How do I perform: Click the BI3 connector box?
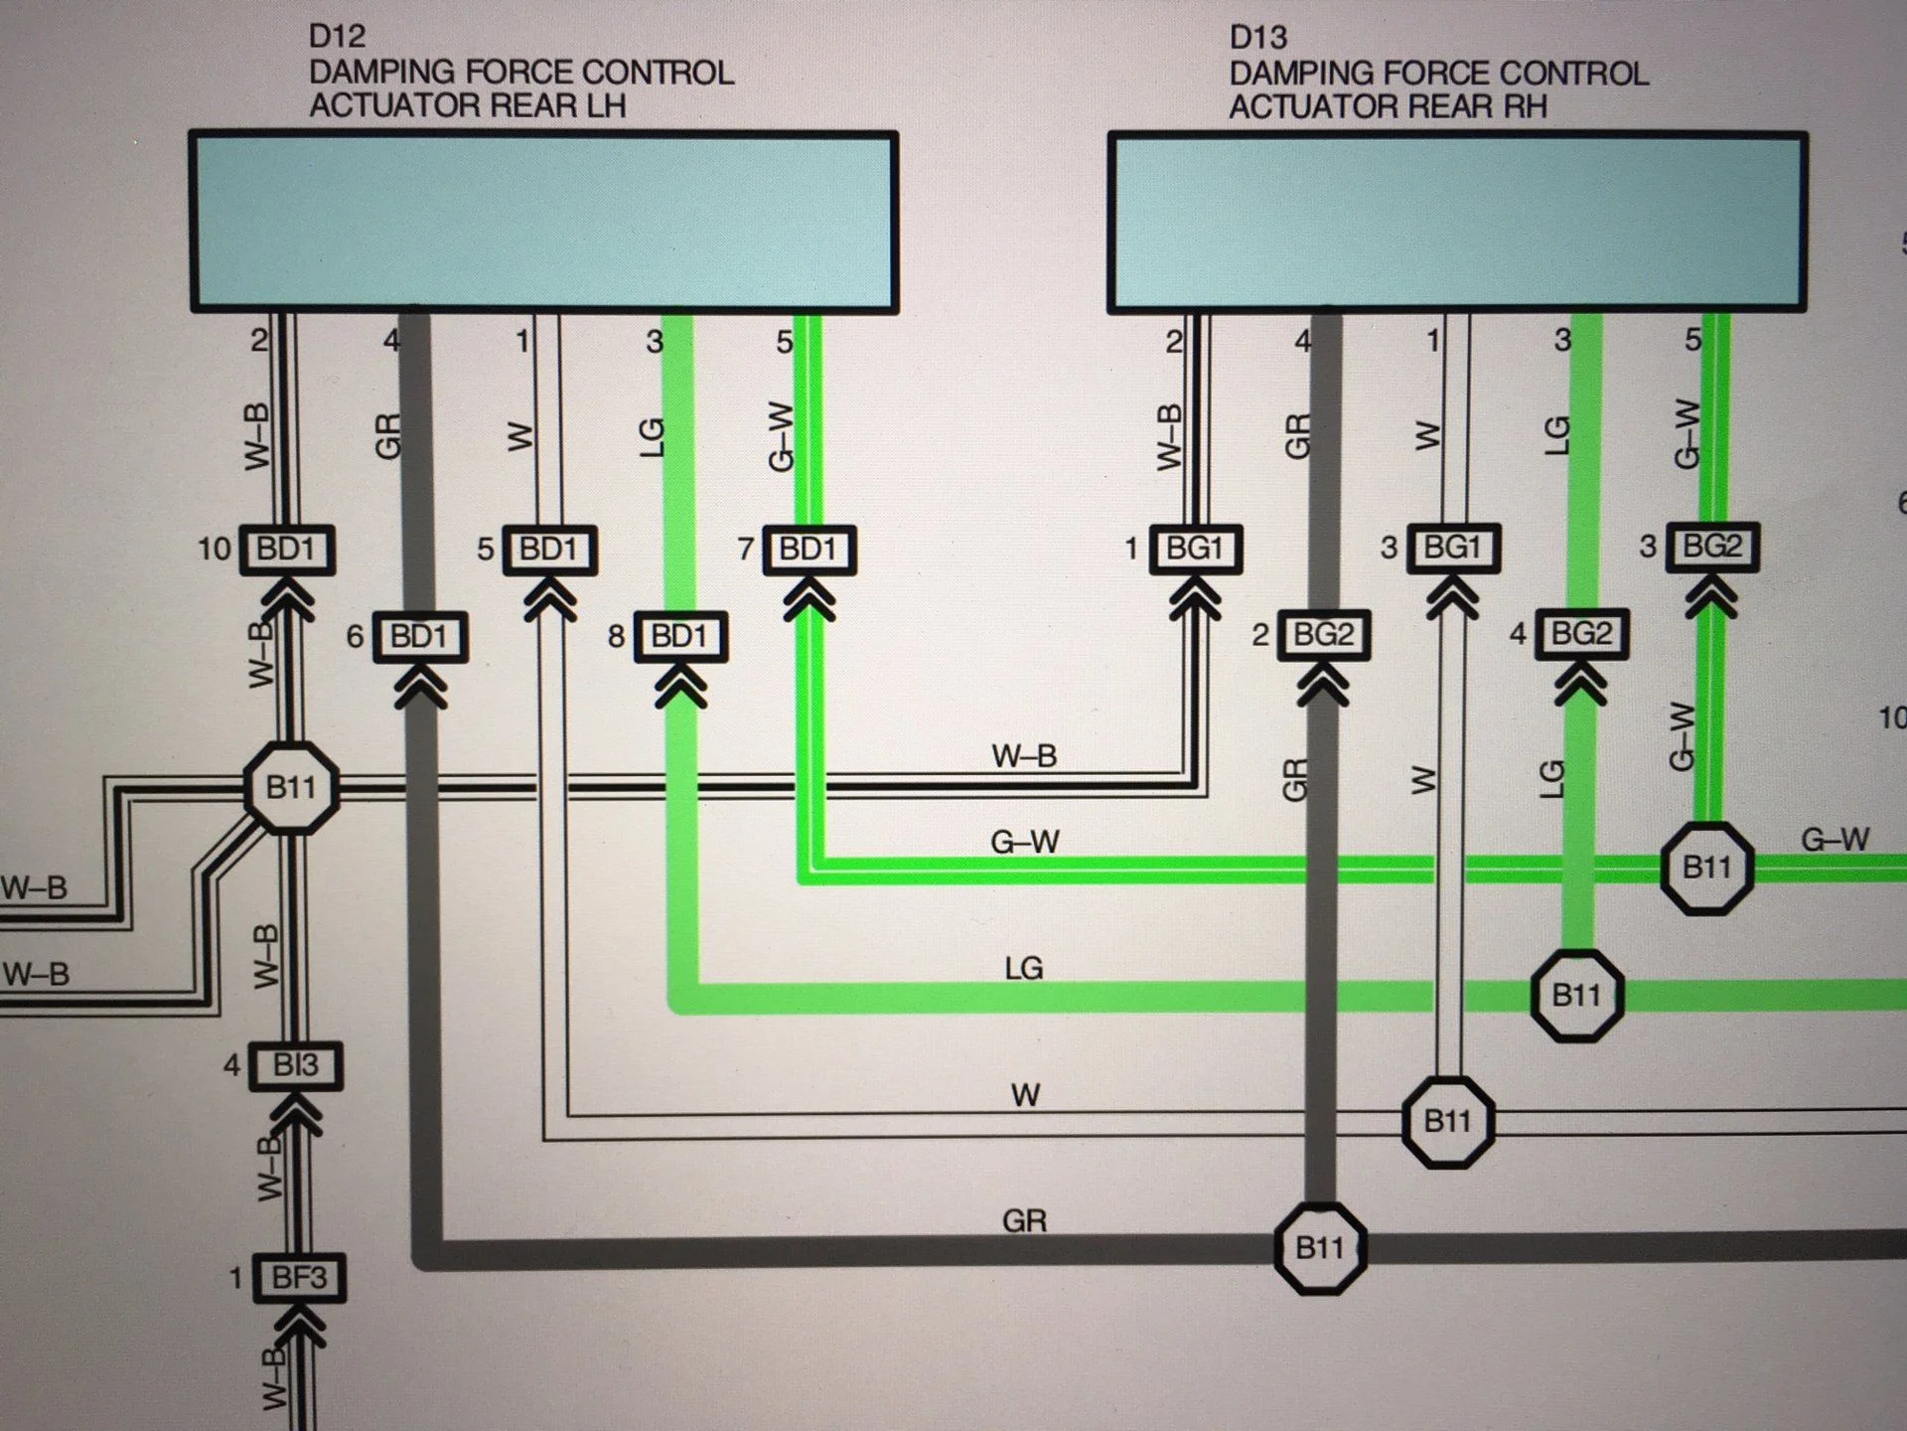click(x=295, y=1065)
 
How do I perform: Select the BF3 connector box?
click(x=299, y=1277)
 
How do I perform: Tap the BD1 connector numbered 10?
click(x=286, y=549)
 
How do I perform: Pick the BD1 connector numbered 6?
click(x=419, y=636)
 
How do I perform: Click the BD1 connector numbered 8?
click(x=679, y=636)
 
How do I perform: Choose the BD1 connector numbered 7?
click(x=808, y=549)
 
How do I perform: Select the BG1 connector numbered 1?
click(x=1195, y=548)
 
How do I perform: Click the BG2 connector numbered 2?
click(x=1323, y=634)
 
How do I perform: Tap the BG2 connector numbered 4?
click(x=1581, y=634)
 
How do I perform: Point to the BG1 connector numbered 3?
click(x=1452, y=547)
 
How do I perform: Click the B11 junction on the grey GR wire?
click(x=1320, y=1247)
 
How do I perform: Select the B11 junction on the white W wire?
click(x=1447, y=1121)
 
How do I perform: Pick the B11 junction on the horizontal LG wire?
click(x=1576, y=995)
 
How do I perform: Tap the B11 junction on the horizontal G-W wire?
click(x=1706, y=868)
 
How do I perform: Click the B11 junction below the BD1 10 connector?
click(x=291, y=787)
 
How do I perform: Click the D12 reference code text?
click(x=337, y=37)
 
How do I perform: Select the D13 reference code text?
click(x=1257, y=38)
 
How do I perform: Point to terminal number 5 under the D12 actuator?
click(x=784, y=342)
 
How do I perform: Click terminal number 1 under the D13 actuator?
click(x=1432, y=341)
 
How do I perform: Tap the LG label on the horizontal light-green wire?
click(x=1023, y=968)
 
